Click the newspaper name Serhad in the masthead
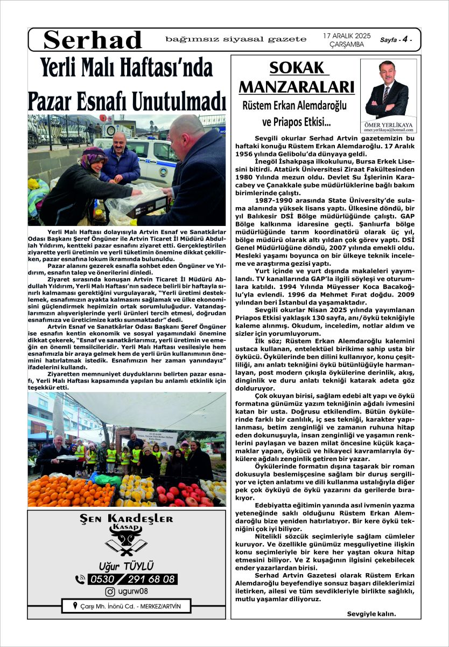point(93,40)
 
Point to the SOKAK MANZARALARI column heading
point(297,78)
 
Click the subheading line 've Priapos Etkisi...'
point(297,122)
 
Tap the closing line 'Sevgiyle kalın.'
point(371,614)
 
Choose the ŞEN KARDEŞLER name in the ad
point(127,519)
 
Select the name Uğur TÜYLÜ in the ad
point(127,566)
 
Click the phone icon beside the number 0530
point(81,579)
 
